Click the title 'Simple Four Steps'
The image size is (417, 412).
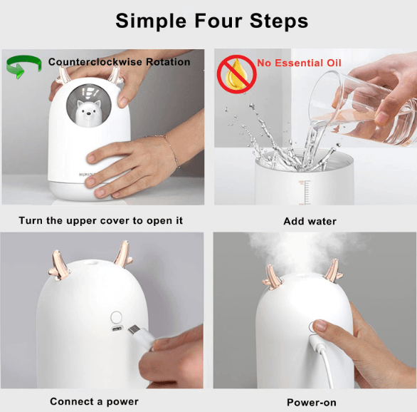[x=211, y=21]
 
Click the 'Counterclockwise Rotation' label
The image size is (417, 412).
[x=119, y=62]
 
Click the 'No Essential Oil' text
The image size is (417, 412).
[x=299, y=63]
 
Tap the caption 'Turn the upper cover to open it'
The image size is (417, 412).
[x=100, y=220]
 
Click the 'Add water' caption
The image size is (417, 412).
[x=310, y=221]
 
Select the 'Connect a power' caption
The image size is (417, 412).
[x=94, y=401]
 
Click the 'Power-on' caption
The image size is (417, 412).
[x=311, y=402]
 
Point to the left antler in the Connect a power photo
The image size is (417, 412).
[x=59, y=259]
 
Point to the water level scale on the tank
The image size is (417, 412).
[x=305, y=190]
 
